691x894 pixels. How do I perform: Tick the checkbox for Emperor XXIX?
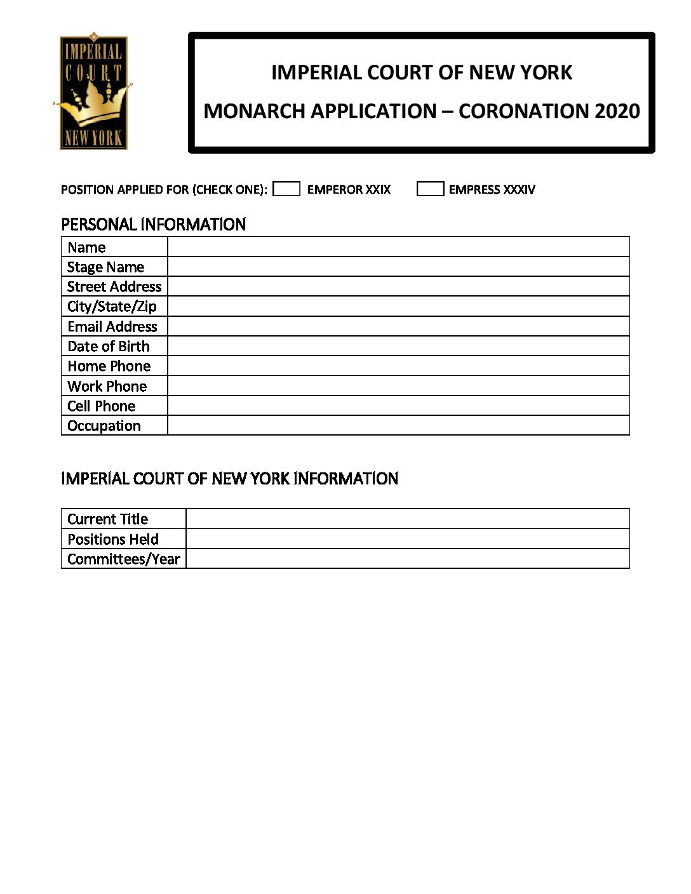tap(286, 189)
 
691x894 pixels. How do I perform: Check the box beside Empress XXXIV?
tap(430, 189)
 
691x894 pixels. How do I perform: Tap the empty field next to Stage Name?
tap(398, 267)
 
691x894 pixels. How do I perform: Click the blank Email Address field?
tap(398, 326)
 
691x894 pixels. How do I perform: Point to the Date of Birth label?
tap(109, 347)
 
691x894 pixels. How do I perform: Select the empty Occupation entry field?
tap(398, 425)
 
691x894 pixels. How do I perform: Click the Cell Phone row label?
tap(102, 406)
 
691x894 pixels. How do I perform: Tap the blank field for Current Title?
tap(407, 519)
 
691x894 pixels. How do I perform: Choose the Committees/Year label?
tap(124, 559)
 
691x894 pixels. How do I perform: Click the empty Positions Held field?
tap(407, 539)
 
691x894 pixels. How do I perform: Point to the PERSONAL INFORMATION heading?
tap(153, 224)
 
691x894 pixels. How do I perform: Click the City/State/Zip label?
tap(112, 307)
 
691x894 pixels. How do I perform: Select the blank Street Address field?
tap(398, 286)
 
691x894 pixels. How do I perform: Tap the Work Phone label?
tap(107, 386)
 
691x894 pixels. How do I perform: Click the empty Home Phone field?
tap(398, 366)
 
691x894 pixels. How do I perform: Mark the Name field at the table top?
tap(398, 247)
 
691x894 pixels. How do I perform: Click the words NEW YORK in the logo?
tap(93, 138)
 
